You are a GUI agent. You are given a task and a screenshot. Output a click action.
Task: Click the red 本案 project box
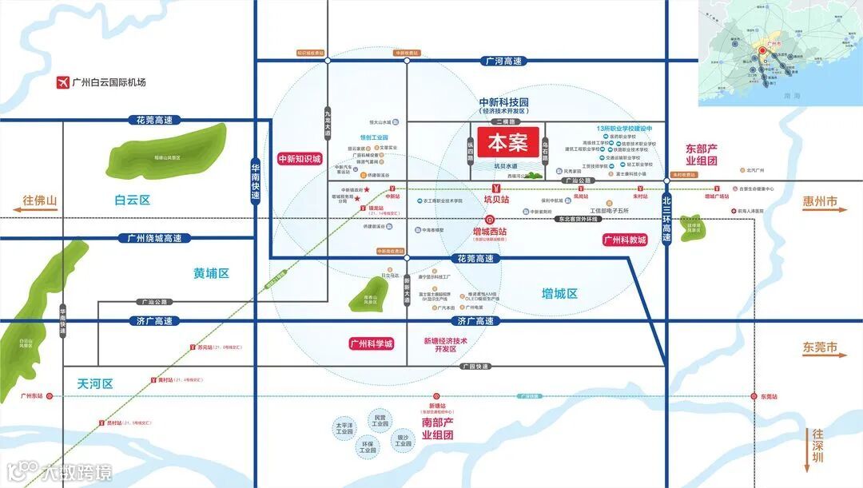click(508, 144)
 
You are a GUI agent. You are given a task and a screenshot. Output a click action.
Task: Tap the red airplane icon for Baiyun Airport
click(62, 82)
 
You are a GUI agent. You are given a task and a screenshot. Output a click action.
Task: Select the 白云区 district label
click(132, 200)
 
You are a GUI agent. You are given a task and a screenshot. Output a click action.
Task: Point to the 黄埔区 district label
click(211, 273)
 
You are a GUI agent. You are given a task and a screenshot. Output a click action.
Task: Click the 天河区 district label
click(96, 383)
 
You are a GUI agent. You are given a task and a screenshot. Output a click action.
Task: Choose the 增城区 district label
click(559, 293)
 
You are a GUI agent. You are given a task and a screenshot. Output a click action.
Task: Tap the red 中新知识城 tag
click(298, 160)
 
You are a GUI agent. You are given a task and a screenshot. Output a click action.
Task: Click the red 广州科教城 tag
click(625, 240)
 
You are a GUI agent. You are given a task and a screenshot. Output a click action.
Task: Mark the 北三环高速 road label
click(666, 222)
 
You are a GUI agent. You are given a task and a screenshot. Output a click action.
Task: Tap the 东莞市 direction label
click(821, 348)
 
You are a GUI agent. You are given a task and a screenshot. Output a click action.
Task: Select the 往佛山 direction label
click(41, 201)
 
